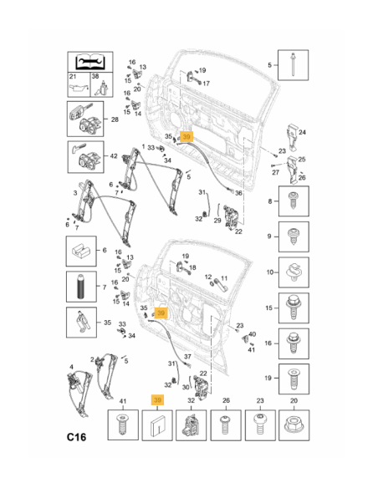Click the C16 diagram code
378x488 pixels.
click(x=76, y=437)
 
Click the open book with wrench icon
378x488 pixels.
click(x=90, y=62)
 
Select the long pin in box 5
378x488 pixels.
click(x=293, y=64)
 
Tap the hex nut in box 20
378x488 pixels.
click(x=294, y=424)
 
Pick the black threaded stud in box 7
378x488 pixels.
click(x=81, y=287)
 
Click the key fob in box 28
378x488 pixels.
click(x=77, y=113)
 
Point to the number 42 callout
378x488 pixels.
click(x=114, y=155)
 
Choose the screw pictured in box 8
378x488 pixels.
click(x=294, y=201)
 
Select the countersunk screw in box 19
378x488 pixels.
click(x=294, y=379)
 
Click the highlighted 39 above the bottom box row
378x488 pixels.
click(x=157, y=400)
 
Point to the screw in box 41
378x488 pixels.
click(x=123, y=424)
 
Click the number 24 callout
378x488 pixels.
click(x=302, y=132)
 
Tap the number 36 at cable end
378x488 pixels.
click(x=238, y=193)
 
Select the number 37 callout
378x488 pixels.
click(x=187, y=357)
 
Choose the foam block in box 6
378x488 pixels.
click(x=81, y=250)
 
